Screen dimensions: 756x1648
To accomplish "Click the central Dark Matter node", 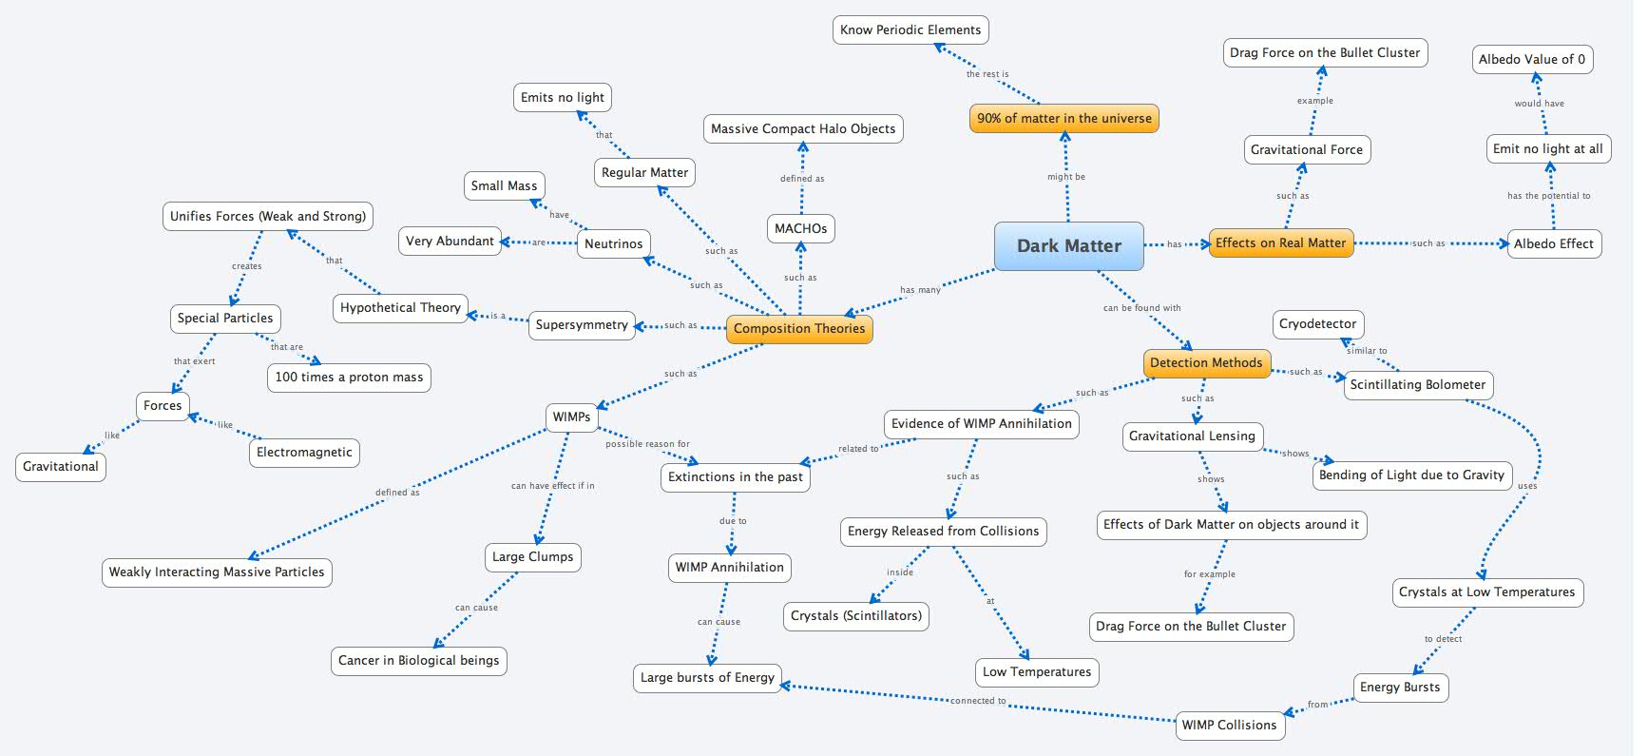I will (x=1068, y=245).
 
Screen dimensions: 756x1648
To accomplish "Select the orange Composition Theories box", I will (x=798, y=329).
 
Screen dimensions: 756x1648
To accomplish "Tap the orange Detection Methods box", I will (x=1205, y=362).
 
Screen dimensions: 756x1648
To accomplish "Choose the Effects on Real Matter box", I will (x=1280, y=243).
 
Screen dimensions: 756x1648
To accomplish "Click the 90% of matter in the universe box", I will (x=1064, y=119).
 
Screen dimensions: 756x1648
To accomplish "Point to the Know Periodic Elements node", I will (x=910, y=29).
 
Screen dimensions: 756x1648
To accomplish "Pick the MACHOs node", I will (x=800, y=228).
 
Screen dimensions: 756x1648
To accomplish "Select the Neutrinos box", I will (x=613, y=243).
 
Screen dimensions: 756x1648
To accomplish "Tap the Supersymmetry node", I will (x=582, y=325).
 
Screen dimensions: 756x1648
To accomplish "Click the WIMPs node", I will (x=571, y=417).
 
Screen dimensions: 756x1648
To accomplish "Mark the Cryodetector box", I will (x=1317, y=324).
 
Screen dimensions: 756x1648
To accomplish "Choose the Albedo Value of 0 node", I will (x=1531, y=59).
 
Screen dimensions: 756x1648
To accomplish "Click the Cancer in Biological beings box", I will (x=418, y=660).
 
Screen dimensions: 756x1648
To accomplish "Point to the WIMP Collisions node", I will (x=1229, y=725).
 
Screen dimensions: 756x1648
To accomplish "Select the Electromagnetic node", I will (x=304, y=453).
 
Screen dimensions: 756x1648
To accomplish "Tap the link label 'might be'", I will (x=1066, y=177).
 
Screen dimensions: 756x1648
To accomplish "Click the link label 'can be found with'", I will (x=1141, y=308).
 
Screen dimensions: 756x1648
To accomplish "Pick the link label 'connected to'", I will (x=978, y=701).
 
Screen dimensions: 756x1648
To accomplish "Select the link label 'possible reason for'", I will (x=647, y=444).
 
